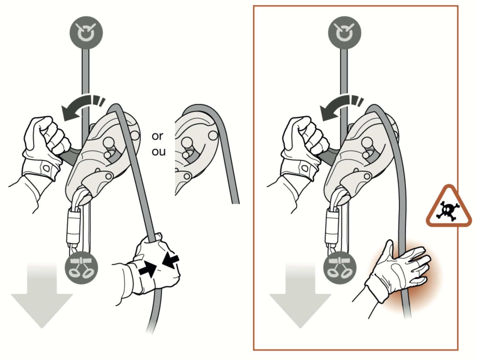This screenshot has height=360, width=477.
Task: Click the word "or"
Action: click(x=158, y=136)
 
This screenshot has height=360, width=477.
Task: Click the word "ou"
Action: click(x=158, y=152)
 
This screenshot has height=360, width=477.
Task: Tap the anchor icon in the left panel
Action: click(x=86, y=33)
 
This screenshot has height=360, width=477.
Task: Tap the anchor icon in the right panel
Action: click(x=344, y=33)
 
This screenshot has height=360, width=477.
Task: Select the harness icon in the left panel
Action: click(x=81, y=268)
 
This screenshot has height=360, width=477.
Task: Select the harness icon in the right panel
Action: click(x=340, y=268)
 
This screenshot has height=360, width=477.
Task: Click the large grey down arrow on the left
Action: click(x=42, y=296)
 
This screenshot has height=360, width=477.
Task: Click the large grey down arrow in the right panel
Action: click(x=300, y=296)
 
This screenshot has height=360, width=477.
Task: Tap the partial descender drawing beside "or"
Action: click(x=199, y=148)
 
